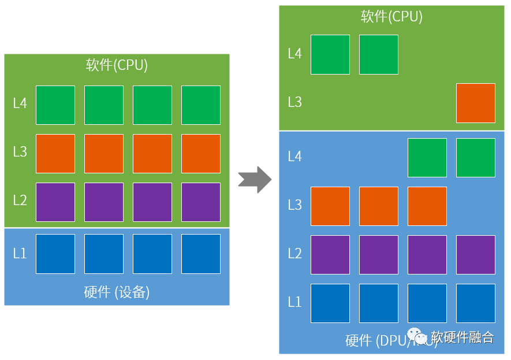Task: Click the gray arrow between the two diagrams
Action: tap(255, 180)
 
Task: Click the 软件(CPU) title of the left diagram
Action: tap(117, 65)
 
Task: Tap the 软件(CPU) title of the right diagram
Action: tap(391, 16)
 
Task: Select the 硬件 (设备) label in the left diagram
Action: tap(117, 292)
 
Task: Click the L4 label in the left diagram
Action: tap(20, 105)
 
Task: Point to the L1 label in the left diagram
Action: tap(20, 254)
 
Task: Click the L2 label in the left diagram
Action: tap(20, 201)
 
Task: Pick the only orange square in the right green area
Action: tap(475, 103)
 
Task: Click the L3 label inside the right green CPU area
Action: tap(294, 102)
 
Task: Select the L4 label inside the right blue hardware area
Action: tap(294, 157)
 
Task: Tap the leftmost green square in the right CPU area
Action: tap(330, 54)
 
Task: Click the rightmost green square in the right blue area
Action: tap(475, 157)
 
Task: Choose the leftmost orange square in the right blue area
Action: tap(330, 206)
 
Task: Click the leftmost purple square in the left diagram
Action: tap(55, 202)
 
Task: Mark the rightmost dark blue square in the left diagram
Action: tap(200, 254)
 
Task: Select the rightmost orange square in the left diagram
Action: tap(200, 153)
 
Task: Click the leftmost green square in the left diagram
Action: tap(55, 105)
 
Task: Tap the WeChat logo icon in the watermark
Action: tap(417, 337)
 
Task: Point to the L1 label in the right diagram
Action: tap(294, 302)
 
